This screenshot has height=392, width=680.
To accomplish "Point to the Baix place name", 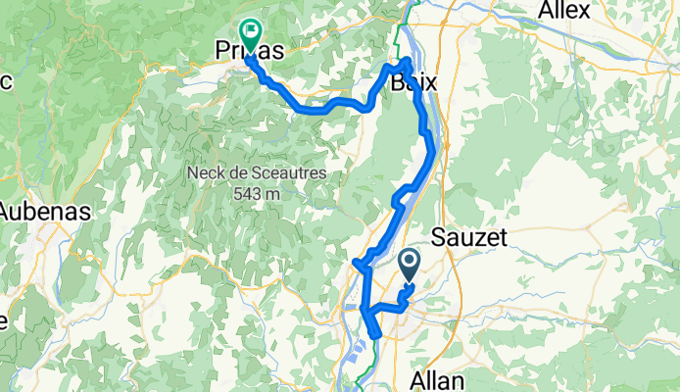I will [x=413, y=83].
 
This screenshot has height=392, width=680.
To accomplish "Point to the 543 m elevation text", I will [x=258, y=193].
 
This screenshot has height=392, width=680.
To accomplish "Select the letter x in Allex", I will [x=585, y=12].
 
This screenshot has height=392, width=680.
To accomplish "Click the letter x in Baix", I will [x=431, y=83].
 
